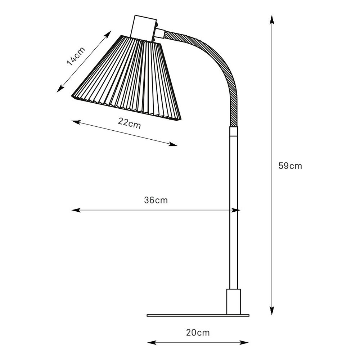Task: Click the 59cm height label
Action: click(x=290, y=166)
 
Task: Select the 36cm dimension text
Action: click(x=156, y=200)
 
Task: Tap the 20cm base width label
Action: click(x=198, y=332)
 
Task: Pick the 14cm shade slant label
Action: click(x=76, y=56)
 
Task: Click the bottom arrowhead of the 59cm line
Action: click(x=272, y=311)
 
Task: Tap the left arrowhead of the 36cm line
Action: click(x=76, y=210)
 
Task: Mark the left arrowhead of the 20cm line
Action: click(x=152, y=343)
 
